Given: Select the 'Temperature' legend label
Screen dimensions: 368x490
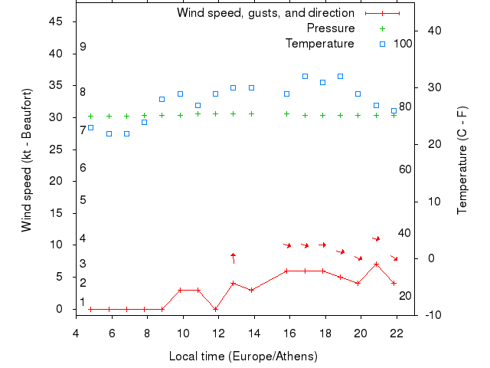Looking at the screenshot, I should (x=320, y=44).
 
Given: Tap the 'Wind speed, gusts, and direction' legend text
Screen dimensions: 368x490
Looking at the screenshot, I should (x=265, y=13).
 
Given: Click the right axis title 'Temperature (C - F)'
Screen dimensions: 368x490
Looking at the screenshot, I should (x=462, y=160).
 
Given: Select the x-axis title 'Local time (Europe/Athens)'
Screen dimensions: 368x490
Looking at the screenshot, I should (x=243, y=356).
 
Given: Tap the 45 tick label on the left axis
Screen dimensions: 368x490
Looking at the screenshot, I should (x=55, y=21).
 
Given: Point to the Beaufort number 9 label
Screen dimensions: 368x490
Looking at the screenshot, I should (x=83, y=47).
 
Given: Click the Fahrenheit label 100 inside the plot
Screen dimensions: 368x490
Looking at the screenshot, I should (x=403, y=44).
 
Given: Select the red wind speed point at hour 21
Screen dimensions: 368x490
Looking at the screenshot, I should (x=376, y=264).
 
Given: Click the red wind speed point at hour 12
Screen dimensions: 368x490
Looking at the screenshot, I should (x=216, y=309).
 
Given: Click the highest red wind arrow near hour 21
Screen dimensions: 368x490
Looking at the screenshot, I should (x=376, y=238).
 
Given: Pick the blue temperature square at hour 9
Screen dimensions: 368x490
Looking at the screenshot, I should (x=162, y=99).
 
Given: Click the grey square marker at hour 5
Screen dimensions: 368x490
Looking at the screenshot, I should (x=90, y=127).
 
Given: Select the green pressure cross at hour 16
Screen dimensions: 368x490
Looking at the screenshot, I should (x=287, y=113).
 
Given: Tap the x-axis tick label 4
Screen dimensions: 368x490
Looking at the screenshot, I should (x=76, y=331).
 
